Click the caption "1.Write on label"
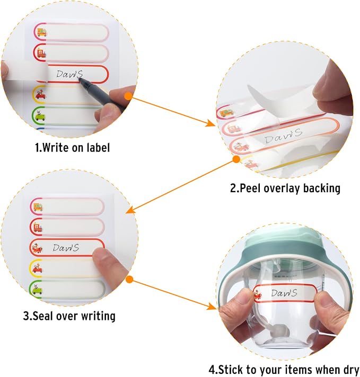[x=72, y=147]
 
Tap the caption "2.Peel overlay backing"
[x=285, y=188]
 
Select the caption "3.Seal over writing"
[x=69, y=316]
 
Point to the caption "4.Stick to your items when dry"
[x=284, y=369]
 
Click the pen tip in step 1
[x=81, y=79]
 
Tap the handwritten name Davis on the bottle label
[x=284, y=293]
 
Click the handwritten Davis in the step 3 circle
[x=66, y=248]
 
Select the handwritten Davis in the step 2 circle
[x=283, y=136]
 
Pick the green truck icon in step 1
[x=39, y=115]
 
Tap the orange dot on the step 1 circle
[x=128, y=96]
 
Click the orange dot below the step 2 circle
[x=236, y=159]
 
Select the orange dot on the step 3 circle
[x=129, y=279]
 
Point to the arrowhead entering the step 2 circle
[x=211, y=123]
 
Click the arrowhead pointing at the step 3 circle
[x=130, y=210]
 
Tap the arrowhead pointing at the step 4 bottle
[x=212, y=306]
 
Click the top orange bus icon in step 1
[x=42, y=32]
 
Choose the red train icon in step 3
[x=38, y=227]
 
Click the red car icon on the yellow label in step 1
[x=40, y=95]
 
